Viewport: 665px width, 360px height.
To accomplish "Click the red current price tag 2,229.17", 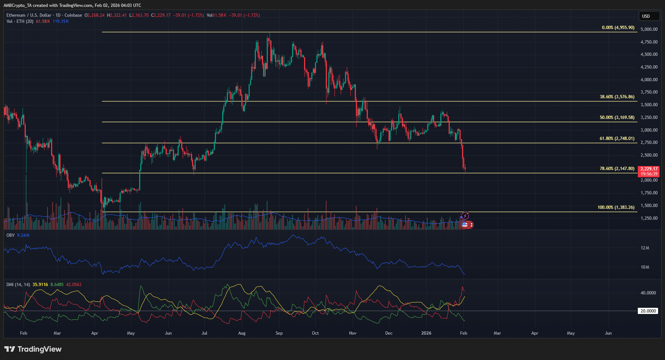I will [649, 169].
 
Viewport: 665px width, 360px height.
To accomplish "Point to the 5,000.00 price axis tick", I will [649, 29].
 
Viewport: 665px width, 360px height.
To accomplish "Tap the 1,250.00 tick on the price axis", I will [649, 218].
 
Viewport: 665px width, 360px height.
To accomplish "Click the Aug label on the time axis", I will [242, 333].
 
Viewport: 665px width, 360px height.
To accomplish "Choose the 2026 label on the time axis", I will [427, 333].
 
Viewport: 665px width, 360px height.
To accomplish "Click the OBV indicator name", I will [11, 235].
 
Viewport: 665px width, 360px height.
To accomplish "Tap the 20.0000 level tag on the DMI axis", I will [648, 311].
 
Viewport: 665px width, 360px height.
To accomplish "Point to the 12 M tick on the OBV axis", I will [645, 248].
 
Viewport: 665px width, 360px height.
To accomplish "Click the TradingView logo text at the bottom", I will [39, 349].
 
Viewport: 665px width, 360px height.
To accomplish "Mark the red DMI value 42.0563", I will [74, 285].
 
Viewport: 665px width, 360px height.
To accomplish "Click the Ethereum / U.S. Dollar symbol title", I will [29, 15].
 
